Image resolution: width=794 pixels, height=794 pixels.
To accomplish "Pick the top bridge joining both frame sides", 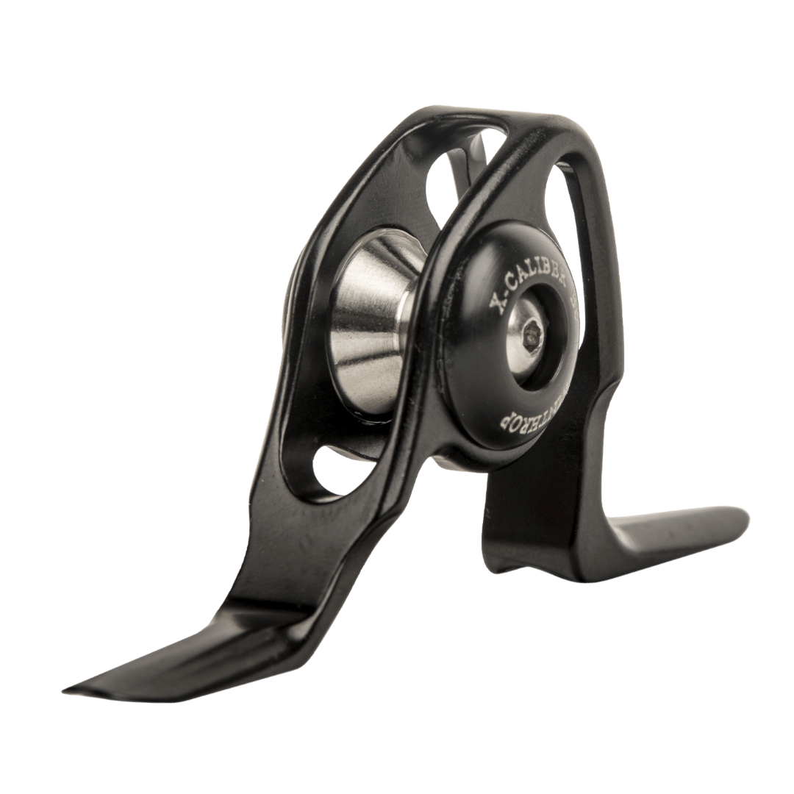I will tap(471, 121).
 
